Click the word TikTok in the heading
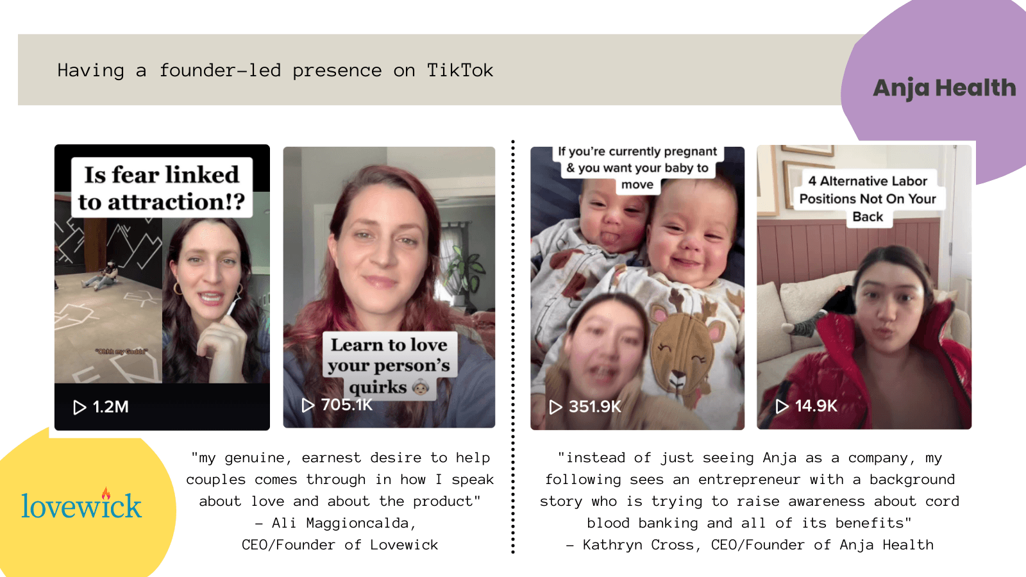(x=460, y=71)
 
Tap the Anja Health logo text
(x=944, y=88)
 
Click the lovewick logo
(x=81, y=505)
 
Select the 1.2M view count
(x=110, y=406)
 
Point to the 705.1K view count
(x=347, y=405)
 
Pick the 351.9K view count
(x=595, y=406)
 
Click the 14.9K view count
(x=816, y=406)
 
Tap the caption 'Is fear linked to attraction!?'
(x=162, y=188)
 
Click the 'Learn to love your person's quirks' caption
(x=389, y=366)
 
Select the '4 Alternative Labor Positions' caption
(x=868, y=199)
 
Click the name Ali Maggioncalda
(x=343, y=523)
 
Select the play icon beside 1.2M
(x=80, y=407)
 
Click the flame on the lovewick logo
(x=106, y=492)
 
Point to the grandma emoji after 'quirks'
(x=421, y=388)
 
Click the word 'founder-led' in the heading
(x=220, y=71)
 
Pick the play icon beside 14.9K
(x=782, y=406)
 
